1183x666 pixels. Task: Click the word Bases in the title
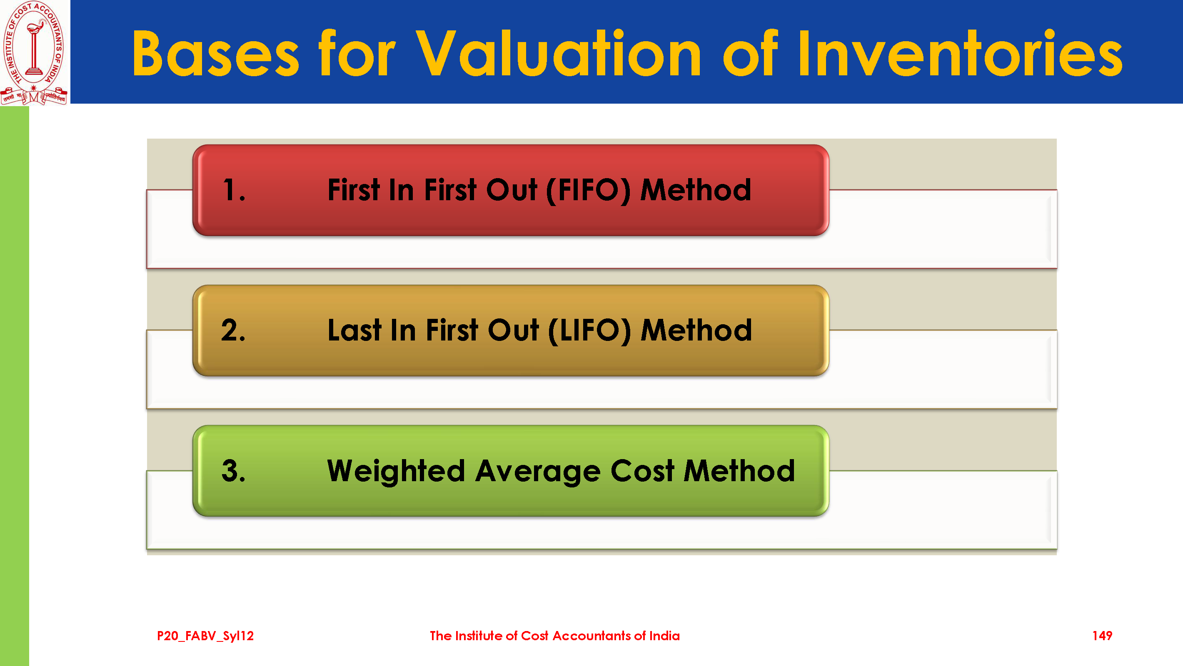click(x=216, y=53)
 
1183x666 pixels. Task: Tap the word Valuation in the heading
click(x=558, y=53)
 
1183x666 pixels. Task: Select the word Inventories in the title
click(x=960, y=53)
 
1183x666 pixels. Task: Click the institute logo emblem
click(x=35, y=52)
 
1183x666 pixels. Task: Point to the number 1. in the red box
click(x=234, y=190)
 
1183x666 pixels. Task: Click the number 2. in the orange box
click(x=233, y=330)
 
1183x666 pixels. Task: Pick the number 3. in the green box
click(x=233, y=470)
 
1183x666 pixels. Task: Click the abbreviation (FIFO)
click(x=589, y=191)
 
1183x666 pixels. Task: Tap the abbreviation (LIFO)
click(x=590, y=331)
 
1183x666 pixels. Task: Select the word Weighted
click(x=396, y=471)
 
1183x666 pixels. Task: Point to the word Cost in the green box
click(x=642, y=471)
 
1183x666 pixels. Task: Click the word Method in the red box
click(x=696, y=190)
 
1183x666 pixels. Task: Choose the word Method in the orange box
click(x=696, y=330)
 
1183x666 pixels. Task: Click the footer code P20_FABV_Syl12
click(x=205, y=636)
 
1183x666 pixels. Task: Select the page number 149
click(x=1102, y=636)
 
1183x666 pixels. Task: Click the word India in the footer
click(x=664, y=636)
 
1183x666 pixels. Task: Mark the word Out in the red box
click(x=512, y=190)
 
